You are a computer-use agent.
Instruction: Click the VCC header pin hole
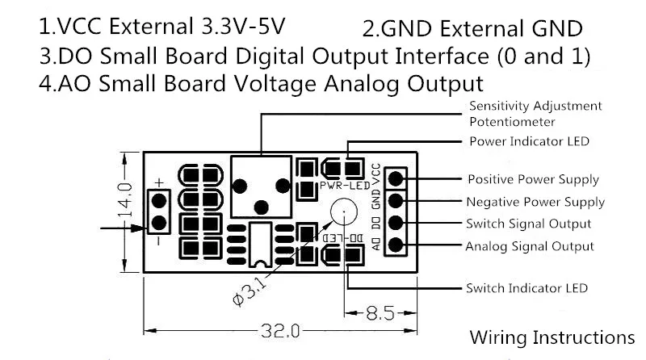pyautogui.click(x=396, y=178)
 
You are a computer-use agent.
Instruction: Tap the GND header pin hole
pyautogui.click(x=396, y=201)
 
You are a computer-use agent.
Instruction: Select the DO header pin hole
pyautogui.click(x=396, y=223)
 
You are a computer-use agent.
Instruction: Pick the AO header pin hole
pyautogui.click(x=396, y=245)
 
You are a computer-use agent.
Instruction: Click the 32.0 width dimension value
pyautogui.click(x=280, y=331)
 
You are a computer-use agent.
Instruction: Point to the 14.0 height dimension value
pyautogui.click(x=126, y=200)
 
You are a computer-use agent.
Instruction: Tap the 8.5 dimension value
pyautogui.click(x=380, y=313)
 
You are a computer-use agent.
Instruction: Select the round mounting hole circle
pyautogui.click(x=344, y=211)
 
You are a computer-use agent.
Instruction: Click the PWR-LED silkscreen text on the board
pyautogui.click(x=345, y=186)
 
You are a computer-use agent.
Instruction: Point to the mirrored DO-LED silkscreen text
pyautogui.click(x=342, y=238)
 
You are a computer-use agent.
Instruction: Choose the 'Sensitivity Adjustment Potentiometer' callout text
pyautogui.click(x=535, y=114)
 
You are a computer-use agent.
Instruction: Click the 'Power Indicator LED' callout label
pyautogui.click(x=529, y=141)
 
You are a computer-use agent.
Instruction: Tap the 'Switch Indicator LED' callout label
pyautogui.click(x=526, y=288)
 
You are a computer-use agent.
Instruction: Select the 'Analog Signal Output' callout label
pyautogui.click(x=530, y=246)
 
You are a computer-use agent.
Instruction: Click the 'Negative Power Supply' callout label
pyautogui.click(x=535, y=202)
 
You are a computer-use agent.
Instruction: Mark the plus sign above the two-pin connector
pyautogui.click(x=159, y=182)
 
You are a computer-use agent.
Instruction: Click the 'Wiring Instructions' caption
pyautogui.click(x=552, y=337)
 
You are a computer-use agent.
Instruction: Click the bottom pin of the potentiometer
pyautogui.click(x=261, y=207)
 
